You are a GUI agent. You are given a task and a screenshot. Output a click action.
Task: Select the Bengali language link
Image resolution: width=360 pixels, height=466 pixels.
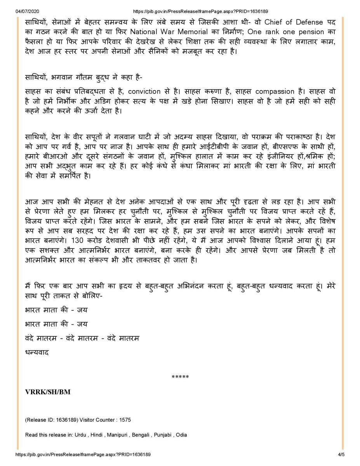click(140, 435)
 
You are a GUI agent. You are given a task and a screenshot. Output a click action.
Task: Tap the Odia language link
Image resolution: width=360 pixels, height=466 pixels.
click(181, 435)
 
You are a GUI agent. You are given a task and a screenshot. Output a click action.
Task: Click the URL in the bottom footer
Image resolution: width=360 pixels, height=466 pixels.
click(83, 454)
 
